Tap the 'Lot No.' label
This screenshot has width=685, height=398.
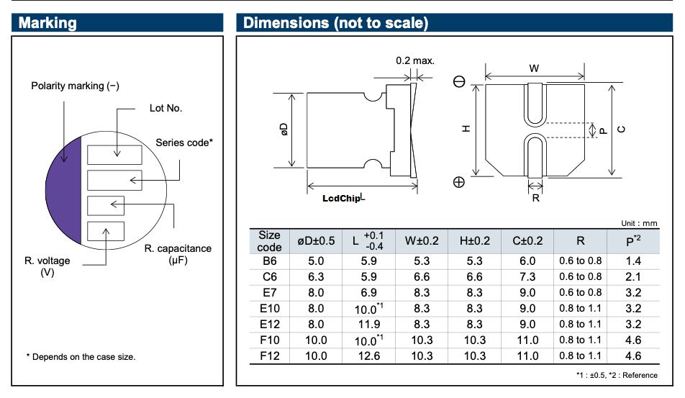tap(165, 108)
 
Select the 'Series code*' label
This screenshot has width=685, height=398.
tap(184, 143)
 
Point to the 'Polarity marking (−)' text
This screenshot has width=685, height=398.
tap(75, 86)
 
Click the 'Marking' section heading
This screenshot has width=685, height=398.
tap(47, 23)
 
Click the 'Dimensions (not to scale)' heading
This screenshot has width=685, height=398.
tap(335, 23)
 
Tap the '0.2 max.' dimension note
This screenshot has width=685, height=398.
tap(415, 60)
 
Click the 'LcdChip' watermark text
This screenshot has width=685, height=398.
tap(341, 199)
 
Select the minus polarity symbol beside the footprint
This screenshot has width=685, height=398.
tap(459, 82)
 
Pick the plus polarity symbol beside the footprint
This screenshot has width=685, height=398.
tap(459, 182)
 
